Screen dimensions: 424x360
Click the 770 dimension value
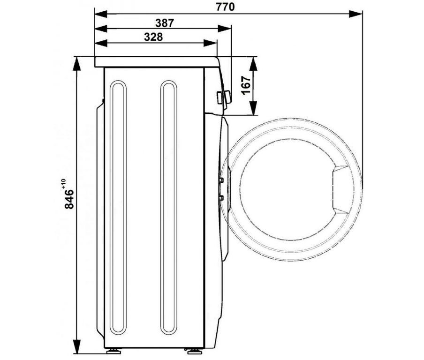click(x=225, y=7)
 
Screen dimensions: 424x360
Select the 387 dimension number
click(x=165, y=23)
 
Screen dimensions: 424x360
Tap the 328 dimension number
click(x=153, y=37)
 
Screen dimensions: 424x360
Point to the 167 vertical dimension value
click(x=246, y=85)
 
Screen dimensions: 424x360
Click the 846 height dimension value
click(x=69, y=199)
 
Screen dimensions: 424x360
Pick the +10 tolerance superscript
click(x=63, y=183)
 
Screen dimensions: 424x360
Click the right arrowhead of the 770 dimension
click(x=356, y=14)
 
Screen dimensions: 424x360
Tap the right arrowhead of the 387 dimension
click(x=225, y=29)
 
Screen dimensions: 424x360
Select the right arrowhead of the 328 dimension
click(x=210, y=43)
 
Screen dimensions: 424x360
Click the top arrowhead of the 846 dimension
click(x=77, y=63)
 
